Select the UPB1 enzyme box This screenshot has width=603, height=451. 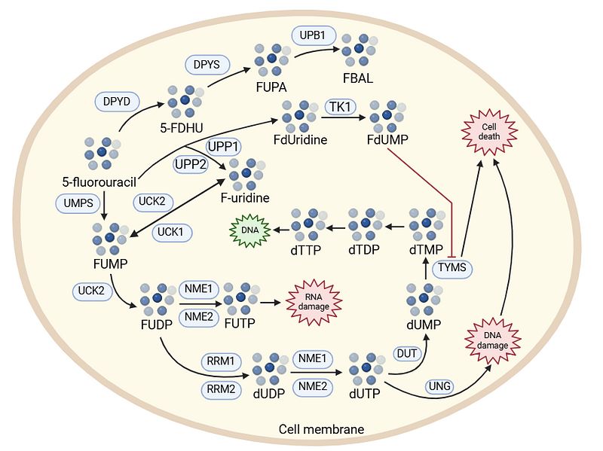pyautogui.click(x=311, y=35)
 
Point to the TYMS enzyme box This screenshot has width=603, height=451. pyautogui.click(x=452, y=269)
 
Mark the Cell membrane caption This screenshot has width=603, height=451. pyautogui.click(x=321, y=429)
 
